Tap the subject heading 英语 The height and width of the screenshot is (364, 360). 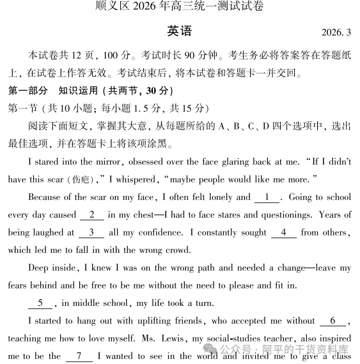pyautogui.click(x=179, y=31)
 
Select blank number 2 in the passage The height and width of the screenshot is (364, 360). pyautogui.click(x=93, y=215)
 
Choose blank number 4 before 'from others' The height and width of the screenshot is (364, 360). pyautogui.click(x=283, y=232)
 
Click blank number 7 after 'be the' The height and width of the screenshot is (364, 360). pyautogui.click(x=79, y=356)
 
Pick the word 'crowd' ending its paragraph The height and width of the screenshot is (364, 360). pyautogui.click(x=177, y=250)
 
